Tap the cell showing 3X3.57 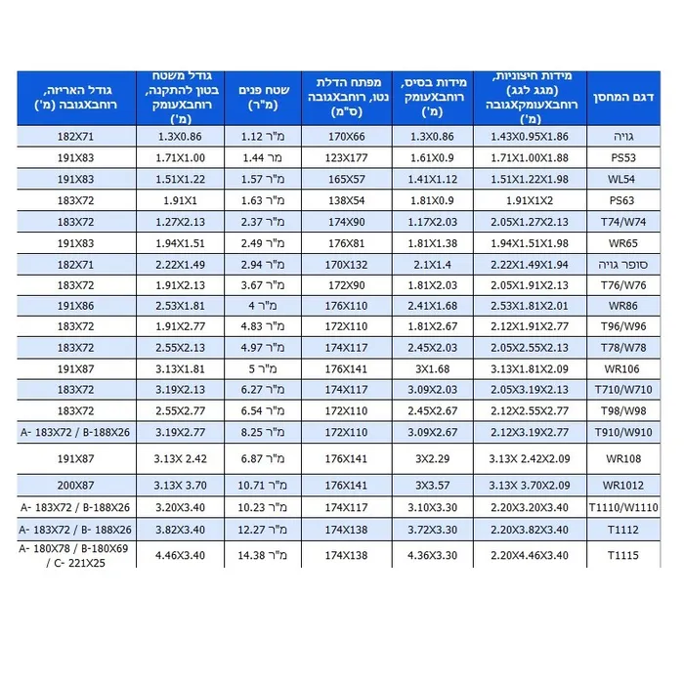pyautogui.click(x=432, y=485)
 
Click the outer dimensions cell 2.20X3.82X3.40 pyautogui.click(x=530, y=529)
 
